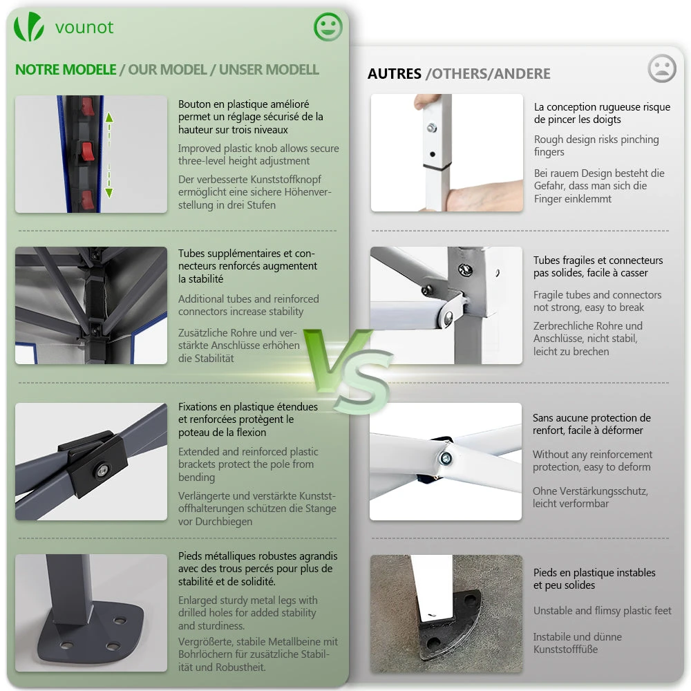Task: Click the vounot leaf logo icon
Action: point(29,27)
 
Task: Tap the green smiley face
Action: point(328,27)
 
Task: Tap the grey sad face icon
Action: point(662,68)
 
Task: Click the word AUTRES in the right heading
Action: point(395,74)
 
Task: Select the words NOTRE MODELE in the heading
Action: point(66,70)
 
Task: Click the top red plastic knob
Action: point(88,106)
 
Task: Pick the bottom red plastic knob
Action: point(87,200)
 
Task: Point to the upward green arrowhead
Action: point(109,117)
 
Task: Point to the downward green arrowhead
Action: point(109,193)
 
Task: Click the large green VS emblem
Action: point(349,370)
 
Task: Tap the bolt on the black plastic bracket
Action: point(102,470)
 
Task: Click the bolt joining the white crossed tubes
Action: point(445,459)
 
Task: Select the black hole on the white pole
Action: point(433,154)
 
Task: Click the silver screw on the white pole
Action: point(432,128)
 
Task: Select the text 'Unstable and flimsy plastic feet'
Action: point(602,611)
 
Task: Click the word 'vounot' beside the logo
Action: point(84,28)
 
